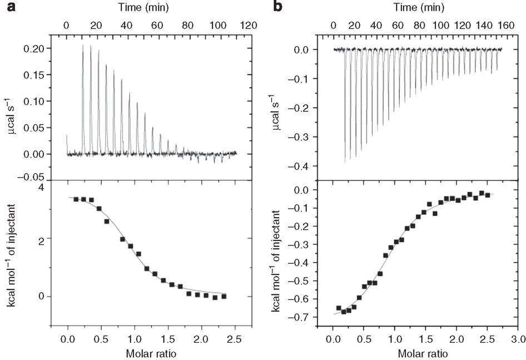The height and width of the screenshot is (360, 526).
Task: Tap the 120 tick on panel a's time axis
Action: (248, 25)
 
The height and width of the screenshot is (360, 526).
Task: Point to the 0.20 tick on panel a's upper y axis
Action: (33, 49)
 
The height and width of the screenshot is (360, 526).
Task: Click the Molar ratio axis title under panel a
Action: (151, 352)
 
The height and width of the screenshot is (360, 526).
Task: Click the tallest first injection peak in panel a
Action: (83, 46)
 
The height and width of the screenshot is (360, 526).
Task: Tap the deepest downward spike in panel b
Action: (345, 162)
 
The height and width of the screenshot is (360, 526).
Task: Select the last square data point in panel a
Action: (224, 297)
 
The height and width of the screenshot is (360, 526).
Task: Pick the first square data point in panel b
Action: (339, 308)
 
